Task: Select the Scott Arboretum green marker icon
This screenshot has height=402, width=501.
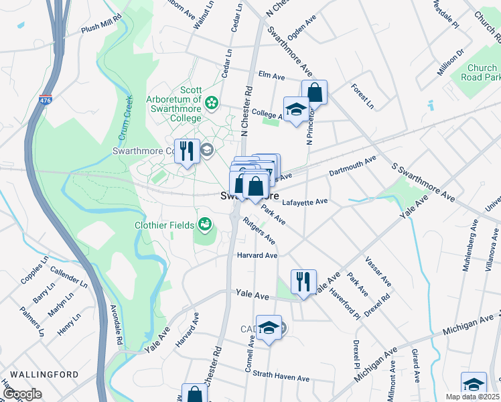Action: [212, 103]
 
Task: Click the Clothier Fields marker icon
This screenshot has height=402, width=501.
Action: [204, 224]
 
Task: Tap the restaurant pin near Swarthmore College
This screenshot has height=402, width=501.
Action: [187, 151]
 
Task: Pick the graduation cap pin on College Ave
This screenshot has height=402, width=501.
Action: [295, 110]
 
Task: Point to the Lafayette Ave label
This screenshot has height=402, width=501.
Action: [305, 201]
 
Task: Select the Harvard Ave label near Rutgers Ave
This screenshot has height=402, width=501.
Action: [257, 255]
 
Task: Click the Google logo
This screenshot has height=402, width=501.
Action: [22, 393]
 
